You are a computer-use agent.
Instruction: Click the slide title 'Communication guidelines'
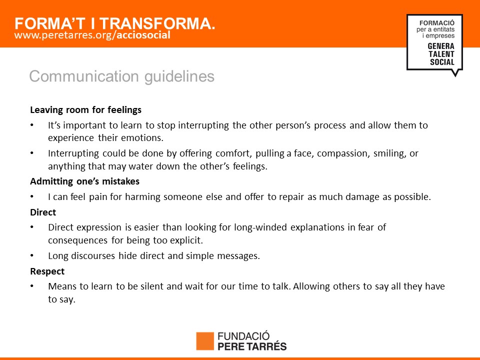click(122, 76)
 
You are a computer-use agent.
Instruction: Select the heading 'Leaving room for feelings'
click(85, 109)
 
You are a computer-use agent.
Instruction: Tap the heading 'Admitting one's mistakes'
click(85, 181)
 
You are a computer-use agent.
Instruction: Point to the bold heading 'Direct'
click(43, 212)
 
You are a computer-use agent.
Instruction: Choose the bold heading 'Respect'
click(47, 271)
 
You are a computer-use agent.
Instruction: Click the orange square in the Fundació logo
click(205, 341)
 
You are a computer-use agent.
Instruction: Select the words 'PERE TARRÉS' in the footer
click(252, 346)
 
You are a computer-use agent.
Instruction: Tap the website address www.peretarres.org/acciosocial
click(92, 35)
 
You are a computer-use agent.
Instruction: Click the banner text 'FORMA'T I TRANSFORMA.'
click(115, 23)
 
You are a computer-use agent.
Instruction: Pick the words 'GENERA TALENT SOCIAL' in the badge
click(441, 54)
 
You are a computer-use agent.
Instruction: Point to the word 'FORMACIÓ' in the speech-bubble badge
click(437, 23)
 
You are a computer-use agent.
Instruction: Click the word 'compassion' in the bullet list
click(342, 153)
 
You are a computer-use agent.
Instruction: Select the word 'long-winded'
click(260, 227)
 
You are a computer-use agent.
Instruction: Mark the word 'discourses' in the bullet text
click(93, 255)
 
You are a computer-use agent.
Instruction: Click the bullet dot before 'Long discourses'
click(32, 255)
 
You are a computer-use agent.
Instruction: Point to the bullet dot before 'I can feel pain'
click(32, 196)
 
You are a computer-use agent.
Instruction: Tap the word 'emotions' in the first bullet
click(142, 138)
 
